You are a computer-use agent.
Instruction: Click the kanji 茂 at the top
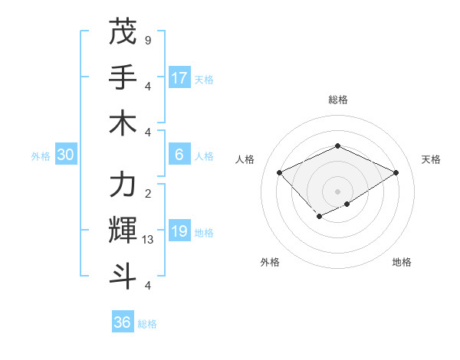tap(123, 31)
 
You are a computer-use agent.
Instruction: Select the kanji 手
tap(123, 77)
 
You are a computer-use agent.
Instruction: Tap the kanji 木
tap(123, 122)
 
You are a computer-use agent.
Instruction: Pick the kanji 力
tap(123, 185)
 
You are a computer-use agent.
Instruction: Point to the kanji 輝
tap(123, 230)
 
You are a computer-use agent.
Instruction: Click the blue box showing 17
tap(179, 78)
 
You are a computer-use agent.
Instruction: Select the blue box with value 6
tap(179, 155)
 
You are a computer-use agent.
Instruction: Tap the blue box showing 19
tap(179, 231)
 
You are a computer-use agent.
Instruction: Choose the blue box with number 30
tap(66, 155)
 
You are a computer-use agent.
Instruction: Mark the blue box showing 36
tap(123, 322)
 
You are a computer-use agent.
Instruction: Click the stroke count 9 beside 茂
tap(147, 40)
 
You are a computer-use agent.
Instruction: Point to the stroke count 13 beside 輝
tap(149, 240)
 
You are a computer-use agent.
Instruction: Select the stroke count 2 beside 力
tap(147, 193)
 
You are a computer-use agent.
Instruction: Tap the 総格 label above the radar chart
tap(337, 100)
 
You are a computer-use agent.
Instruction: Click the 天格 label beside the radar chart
tap(431, 159)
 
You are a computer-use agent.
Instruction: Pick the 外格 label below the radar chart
tap(270, 263)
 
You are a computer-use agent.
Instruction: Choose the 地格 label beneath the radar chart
tap(402, 263)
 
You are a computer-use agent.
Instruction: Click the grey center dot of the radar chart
tap(337, 190)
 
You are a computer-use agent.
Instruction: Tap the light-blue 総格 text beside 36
tap(147, 324)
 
